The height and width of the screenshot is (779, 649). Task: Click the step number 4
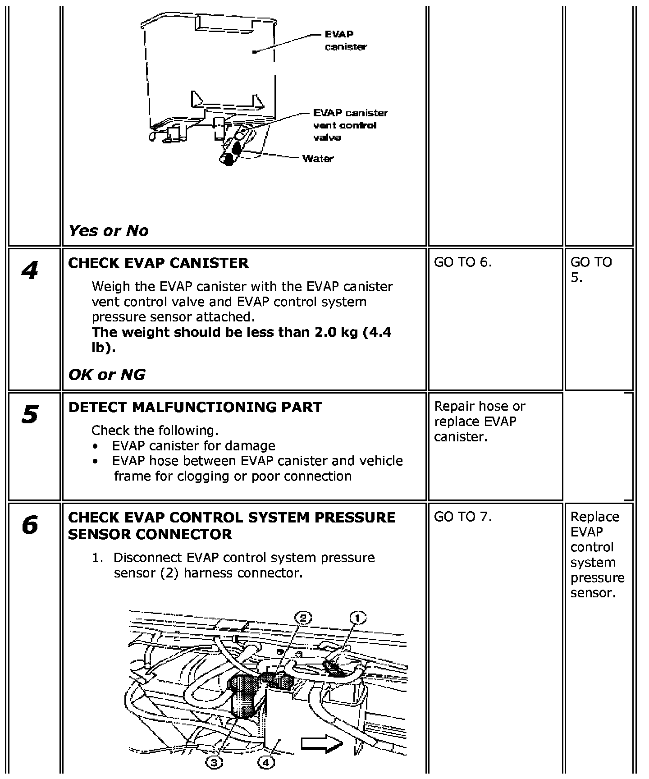(30, 270)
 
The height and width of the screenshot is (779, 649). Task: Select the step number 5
(30, 414)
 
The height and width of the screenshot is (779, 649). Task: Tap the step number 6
(30, 525)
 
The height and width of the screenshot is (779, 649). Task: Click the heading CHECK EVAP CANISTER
(158, 263)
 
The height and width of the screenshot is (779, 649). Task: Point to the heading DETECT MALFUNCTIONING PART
(195, 407)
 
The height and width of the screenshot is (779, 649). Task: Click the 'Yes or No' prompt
(108, 231)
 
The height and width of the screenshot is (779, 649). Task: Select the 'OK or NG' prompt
(107, 375)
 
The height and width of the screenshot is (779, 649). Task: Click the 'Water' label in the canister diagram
(318, 159)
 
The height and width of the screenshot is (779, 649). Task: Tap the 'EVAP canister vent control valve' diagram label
(350, 125)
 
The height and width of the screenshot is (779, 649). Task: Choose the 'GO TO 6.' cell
(462, 262)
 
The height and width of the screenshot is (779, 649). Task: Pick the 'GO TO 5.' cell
(591, 270)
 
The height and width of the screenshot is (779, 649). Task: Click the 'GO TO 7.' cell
(462, 517)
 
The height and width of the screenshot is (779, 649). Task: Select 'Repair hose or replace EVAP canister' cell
(480, 422)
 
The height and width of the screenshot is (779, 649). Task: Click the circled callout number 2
(303, 618)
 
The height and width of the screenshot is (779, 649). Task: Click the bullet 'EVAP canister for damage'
(194, 446)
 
